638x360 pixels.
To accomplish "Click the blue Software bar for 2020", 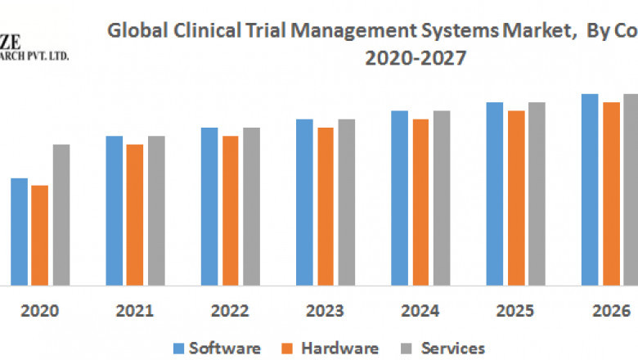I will (19, 232).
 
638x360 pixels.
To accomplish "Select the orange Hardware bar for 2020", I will (39, 236).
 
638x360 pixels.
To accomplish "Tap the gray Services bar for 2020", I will (61, 215).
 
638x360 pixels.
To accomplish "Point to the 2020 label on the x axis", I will (39, 312).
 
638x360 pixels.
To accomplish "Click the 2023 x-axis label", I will (326, 312).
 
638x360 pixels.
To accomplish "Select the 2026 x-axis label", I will (611, 312).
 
